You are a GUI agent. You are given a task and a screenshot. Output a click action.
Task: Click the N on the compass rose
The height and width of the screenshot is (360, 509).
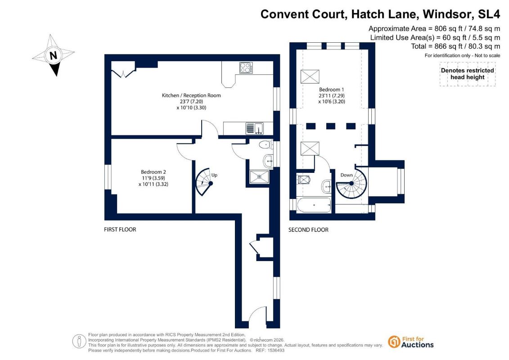point(53,55)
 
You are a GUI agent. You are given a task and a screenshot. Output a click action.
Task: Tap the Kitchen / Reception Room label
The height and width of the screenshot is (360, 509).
point(191,95)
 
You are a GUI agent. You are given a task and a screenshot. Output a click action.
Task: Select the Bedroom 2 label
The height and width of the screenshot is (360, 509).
point(153,172)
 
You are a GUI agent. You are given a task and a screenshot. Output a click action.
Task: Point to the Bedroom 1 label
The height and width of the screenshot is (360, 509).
point(331,90)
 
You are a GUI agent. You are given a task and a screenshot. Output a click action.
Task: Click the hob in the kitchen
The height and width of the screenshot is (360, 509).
point(246,68)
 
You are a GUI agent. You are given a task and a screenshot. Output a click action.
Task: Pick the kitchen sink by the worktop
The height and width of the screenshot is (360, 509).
point(255,128)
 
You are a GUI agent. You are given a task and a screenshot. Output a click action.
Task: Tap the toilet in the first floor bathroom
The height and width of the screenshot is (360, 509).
point(266,144)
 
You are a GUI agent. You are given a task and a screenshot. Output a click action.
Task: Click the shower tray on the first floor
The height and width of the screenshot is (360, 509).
point(259,177)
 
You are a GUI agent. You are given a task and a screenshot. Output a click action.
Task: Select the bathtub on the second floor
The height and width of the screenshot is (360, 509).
point(314,205)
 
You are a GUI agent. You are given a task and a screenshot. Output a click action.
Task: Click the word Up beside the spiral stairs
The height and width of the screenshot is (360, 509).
point(214,175)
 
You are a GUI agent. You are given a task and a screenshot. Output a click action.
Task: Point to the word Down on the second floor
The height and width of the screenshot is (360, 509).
point(347,175)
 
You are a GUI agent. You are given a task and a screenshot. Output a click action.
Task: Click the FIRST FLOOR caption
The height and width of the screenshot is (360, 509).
point(120,229)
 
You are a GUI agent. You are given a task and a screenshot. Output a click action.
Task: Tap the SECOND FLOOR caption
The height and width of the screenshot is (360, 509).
point(308,230)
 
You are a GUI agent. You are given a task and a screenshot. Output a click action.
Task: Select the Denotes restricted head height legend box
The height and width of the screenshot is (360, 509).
point(468,74)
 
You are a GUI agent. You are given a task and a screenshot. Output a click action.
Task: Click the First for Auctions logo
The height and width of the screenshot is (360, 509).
point(411,342)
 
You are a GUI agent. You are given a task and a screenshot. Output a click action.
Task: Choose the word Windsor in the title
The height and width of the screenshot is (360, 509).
point(447,14)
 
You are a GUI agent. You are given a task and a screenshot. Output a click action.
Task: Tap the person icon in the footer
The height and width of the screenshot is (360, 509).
point(79,342)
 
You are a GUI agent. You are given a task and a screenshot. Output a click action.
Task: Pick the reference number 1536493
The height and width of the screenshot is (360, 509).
point(275,351)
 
